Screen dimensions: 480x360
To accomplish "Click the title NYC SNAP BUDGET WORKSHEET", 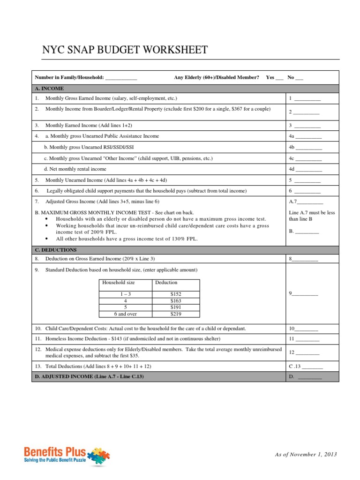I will (125, 50).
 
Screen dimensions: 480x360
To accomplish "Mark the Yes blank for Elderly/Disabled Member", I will (279, 78).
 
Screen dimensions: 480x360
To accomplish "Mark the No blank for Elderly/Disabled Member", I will (299, 78).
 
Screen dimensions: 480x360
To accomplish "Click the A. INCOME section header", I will (49, 88).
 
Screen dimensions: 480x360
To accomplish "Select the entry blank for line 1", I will (307, 99).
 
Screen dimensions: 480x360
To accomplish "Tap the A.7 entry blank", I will (310, 202).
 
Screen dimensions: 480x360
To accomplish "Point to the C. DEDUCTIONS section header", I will (56, 250).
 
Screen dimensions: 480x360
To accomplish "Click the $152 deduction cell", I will (176, 294).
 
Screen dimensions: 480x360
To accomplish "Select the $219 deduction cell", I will (176, 314).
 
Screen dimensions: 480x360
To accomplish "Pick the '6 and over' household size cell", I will (126, 314).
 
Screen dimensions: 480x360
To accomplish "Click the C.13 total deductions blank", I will (313, 366).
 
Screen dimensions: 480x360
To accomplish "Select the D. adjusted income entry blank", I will (310, 377).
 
